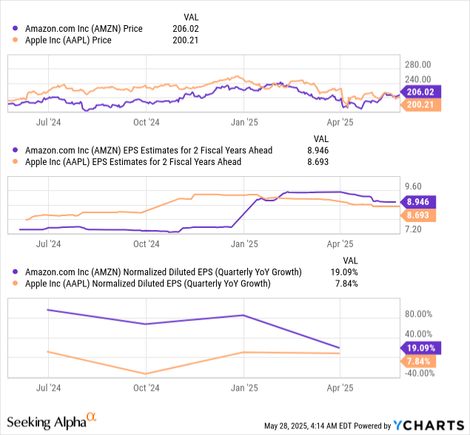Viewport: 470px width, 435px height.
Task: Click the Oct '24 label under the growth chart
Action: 146,387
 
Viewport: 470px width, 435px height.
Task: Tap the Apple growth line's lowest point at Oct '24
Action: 147,374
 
